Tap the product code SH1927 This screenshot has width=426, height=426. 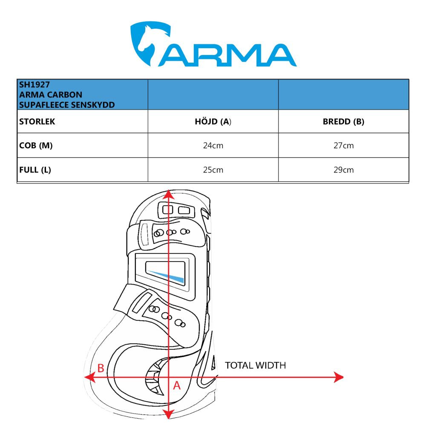coord(35,84)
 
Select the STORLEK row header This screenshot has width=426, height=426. coord(37,122)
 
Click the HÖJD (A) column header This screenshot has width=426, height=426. coord(213,122)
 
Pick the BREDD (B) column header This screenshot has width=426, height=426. coord(343,122)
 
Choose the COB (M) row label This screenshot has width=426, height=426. coord(36,146)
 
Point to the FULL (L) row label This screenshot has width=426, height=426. coord(35,170)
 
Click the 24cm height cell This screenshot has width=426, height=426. coord(213,146)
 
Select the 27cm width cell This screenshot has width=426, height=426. coord(343,146)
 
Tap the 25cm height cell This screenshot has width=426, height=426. coord(213,170)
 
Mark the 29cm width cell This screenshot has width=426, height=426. coord(343,170)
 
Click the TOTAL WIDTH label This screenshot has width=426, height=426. coord(255,366)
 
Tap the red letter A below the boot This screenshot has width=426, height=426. coord(177,386)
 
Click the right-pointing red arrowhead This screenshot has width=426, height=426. coord(339,377)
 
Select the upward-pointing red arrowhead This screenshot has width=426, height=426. coord(169,195)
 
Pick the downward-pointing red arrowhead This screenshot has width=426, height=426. coord(169,414)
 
